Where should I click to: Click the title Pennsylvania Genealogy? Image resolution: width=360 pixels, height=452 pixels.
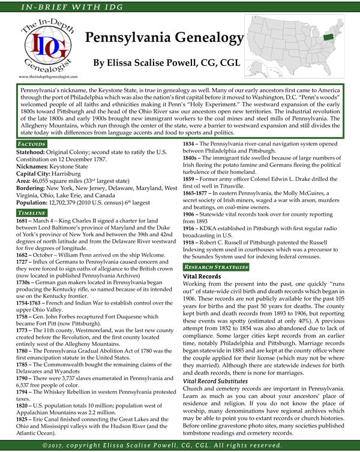click(164, 38)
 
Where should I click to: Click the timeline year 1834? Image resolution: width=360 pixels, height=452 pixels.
click(192, 144)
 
